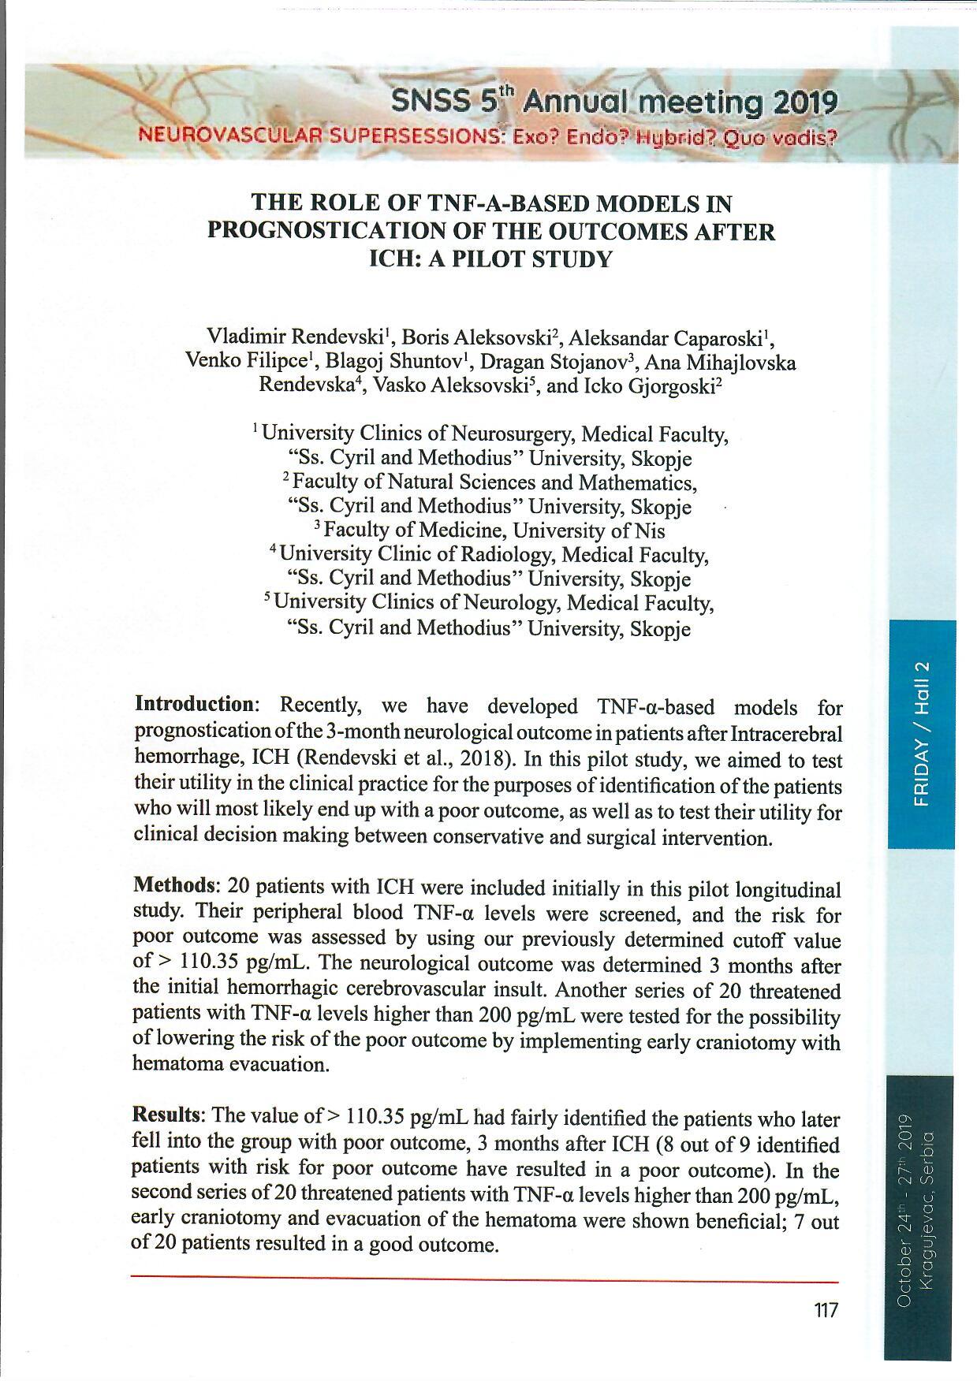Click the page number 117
tap(826, 1311)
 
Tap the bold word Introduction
tap(192, 704)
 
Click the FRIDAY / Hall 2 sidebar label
tap(922, 734)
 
